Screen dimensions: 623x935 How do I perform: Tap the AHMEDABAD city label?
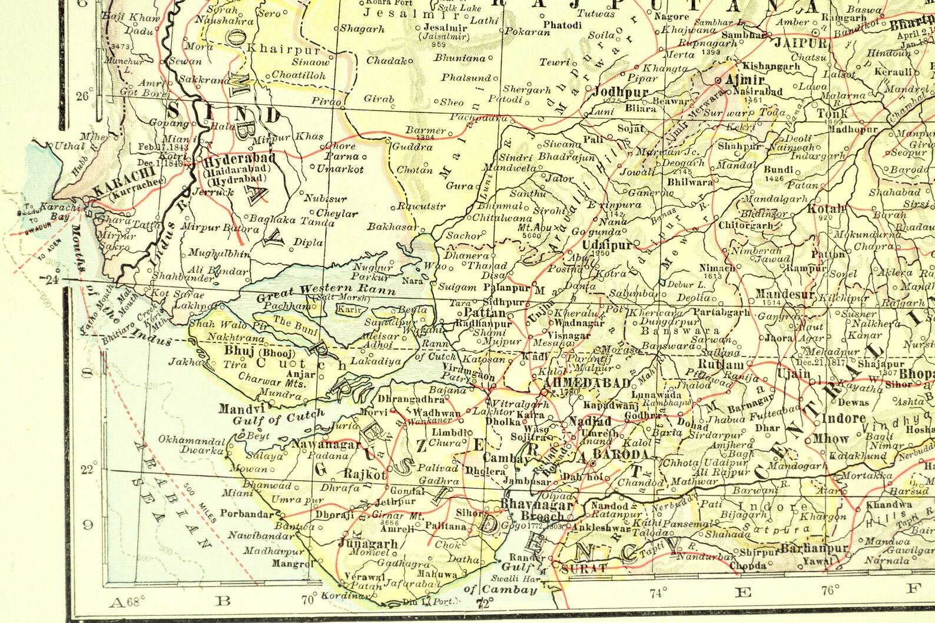[587, 383]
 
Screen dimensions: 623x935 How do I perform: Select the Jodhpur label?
[620, 92]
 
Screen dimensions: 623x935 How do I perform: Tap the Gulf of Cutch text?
[278, 418]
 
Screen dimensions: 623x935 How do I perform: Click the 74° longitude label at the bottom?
[658, 592]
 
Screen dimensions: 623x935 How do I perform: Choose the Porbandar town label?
[247, 513]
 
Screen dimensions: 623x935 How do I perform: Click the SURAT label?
[584, 568]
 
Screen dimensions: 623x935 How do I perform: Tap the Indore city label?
[844, 419]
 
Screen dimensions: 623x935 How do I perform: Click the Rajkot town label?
[364, 474]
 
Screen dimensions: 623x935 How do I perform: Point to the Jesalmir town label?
[446, 27]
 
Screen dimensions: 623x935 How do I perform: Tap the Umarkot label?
[340, 169]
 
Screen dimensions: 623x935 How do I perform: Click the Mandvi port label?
[241, 408]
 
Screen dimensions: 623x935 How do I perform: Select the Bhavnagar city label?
[536, 504]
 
